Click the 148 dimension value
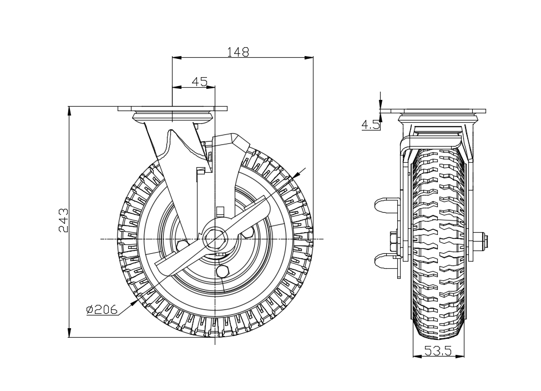pyautogui.click(x=237, y=52)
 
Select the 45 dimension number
pyautogui.click(x=199, y=82)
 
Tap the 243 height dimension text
pyautogui.click(x=63, y=220)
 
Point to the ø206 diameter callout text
pyautogui.click(x=102, y=309)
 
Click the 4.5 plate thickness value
pyautogui.click(x=371, y=125)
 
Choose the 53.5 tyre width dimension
pyautogui.click(x=438, y=351)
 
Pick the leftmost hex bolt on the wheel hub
pyautogui.click(x=182, y=245)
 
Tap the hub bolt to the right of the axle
pyautogui.click(x=247, y=233)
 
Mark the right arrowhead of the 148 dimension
pyautogui.click(x=309, y=57)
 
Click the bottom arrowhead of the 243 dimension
pyautogui.click(x=69, y=332)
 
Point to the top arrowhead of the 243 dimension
pyautogui.click(x=69, y=111)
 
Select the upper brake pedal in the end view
pyautogui.click(x=386, y=205)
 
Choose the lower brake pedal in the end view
pyautogui.click(x=386, y=261)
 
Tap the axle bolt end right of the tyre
pyautogui.click(x=481, y=240)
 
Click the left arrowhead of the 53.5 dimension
pyautogui.click(x=417, y=356)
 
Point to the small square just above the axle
pyautogui.click(x=220, y=210)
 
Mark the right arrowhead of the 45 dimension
pyautogui.click(x=210, y=87)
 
